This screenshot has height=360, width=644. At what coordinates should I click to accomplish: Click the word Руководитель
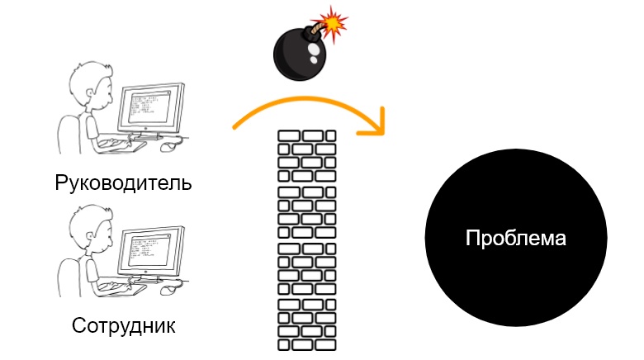tap(123, 182)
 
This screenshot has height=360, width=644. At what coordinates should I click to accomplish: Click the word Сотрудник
tap(124, 324)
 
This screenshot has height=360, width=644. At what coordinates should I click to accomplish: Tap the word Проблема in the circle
tap(516, 239)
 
